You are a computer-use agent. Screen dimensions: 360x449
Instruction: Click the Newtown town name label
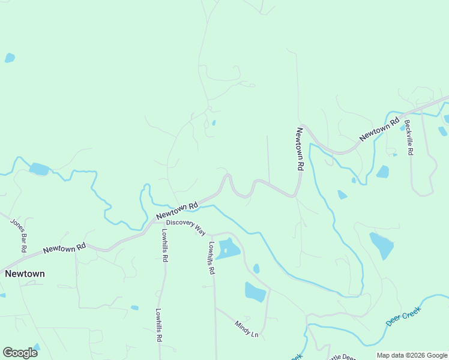tap(25, 274)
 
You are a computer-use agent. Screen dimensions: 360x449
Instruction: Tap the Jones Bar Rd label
tap(19, 230)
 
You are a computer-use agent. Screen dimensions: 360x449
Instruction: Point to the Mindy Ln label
tap(246, 329)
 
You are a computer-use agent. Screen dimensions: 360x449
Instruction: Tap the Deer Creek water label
tap(403, 316)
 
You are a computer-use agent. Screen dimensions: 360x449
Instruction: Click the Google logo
tap(20, 353)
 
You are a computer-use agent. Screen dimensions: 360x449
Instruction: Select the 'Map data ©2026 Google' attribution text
tap(412, 355)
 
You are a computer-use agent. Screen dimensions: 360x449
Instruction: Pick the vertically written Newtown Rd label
tap(299, 149)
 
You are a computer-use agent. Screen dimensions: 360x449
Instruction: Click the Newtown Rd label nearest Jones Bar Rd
tap(64, 247)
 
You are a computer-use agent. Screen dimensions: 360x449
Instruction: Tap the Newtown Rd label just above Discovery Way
tap(177, 210)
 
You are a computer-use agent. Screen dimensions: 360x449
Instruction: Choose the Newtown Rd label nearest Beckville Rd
tap(379, 130)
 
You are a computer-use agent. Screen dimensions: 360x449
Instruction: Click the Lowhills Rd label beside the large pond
tap(211, 258)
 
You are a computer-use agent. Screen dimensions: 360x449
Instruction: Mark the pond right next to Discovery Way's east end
tap(228, 248)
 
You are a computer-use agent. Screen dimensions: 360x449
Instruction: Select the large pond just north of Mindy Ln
tap(255, 292)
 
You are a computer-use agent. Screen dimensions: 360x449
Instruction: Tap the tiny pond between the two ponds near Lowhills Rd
tap(256, 269)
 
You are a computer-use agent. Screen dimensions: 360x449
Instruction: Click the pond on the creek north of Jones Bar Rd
tap(39, 169)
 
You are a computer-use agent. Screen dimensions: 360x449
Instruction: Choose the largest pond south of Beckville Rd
tap(381, 245)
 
